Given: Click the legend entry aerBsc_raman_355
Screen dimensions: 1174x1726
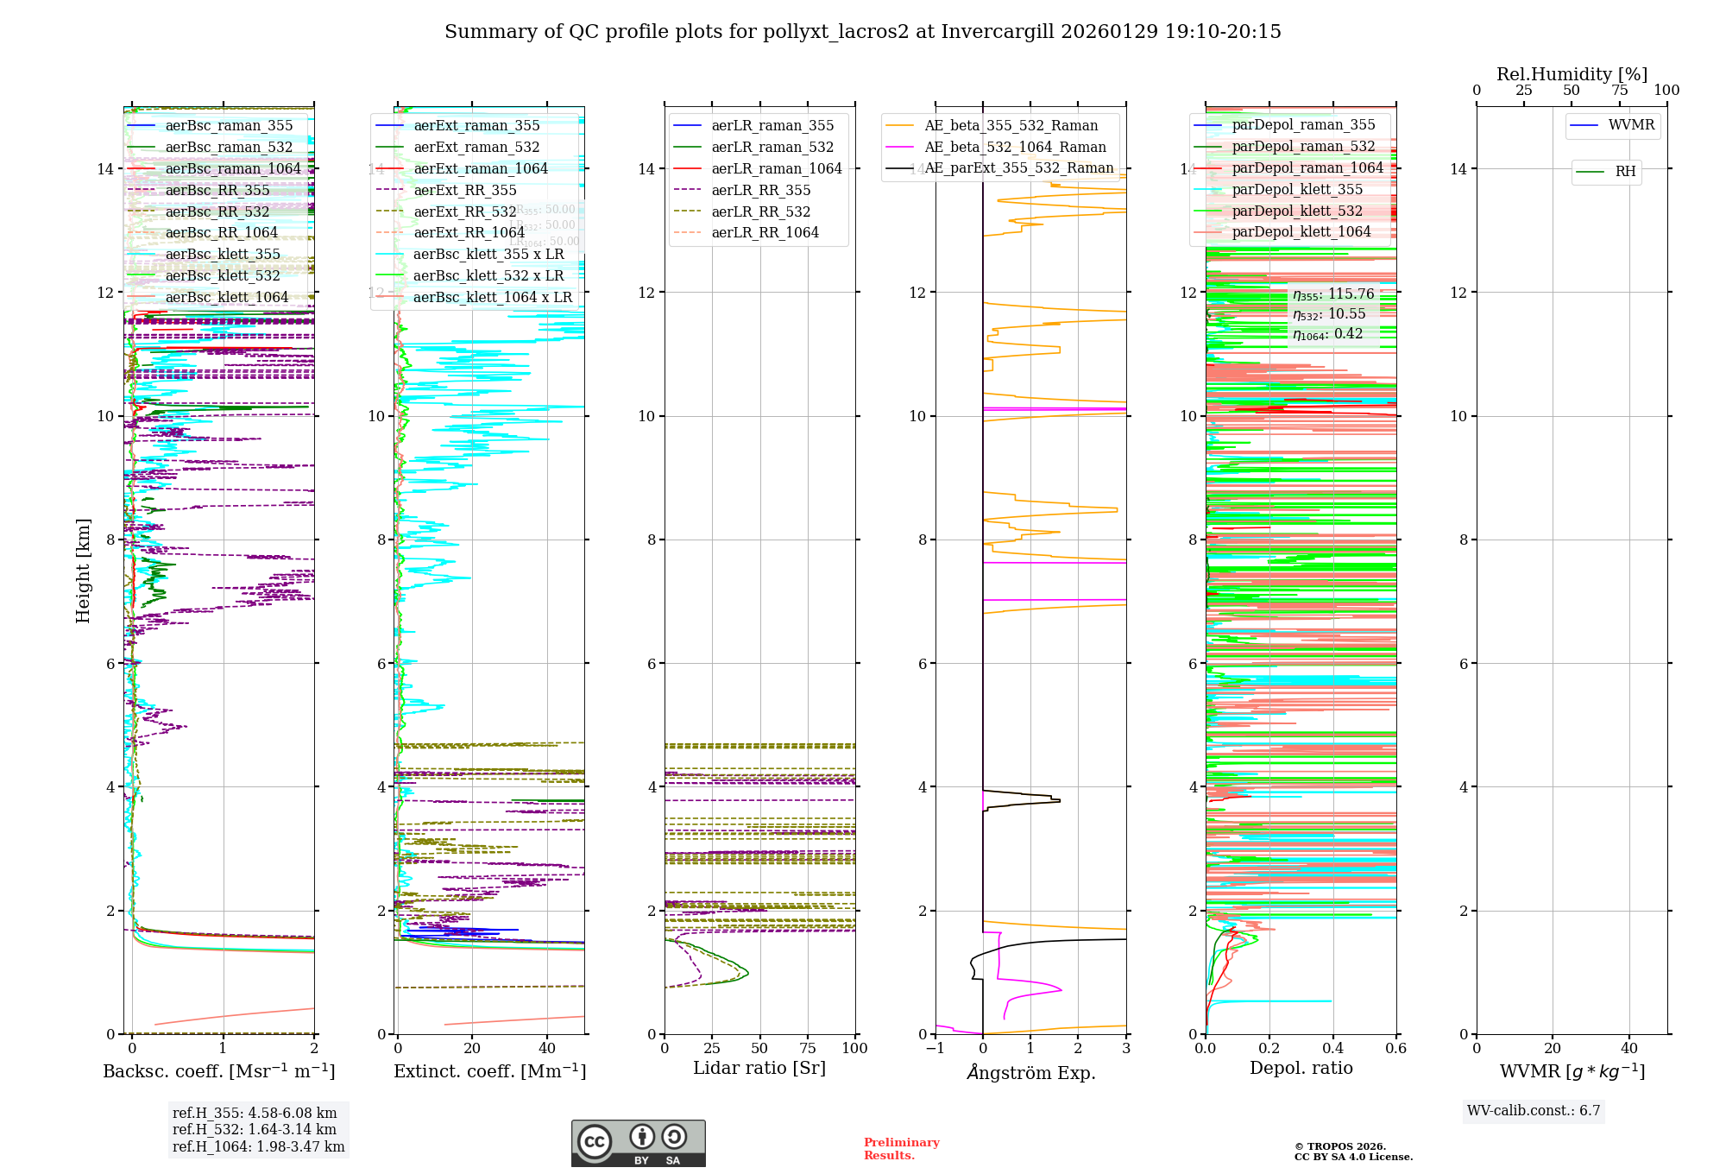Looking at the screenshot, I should point(229,126).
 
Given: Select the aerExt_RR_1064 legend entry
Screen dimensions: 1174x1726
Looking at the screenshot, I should point(469,233).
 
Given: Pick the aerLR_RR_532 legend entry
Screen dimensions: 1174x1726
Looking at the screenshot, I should point(760,211).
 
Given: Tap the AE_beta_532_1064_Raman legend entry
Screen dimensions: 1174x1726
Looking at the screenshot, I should point(1015,148).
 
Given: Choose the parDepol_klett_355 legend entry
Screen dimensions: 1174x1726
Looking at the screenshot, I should point(1297,190).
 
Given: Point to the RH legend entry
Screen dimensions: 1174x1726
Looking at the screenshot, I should point(1625,172).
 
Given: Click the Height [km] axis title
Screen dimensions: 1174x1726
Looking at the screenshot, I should point(83,571).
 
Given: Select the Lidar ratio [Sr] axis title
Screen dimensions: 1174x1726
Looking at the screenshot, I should point(759,1068).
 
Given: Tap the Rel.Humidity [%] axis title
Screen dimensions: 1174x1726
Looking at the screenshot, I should point(1572,74).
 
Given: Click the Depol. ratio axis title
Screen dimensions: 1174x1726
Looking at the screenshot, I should point(1301,1068).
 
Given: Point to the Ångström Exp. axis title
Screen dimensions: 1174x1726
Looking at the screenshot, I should point(1031,1072).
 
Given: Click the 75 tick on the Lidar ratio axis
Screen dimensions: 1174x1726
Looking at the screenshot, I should point(808,1048).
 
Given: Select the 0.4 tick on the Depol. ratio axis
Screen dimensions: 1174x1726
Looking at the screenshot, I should point(1332,1048).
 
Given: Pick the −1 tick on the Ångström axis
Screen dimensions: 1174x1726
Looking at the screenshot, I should point(935,1048).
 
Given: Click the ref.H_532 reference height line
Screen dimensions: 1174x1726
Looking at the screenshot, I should point(254,1129).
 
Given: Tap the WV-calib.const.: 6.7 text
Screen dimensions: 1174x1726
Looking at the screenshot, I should point(1534,1111).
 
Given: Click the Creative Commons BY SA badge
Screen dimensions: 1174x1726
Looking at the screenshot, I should point(638,1144).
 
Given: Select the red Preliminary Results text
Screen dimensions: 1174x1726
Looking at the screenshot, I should point(901,1149).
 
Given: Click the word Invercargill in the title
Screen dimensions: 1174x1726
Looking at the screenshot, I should point(997,32).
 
